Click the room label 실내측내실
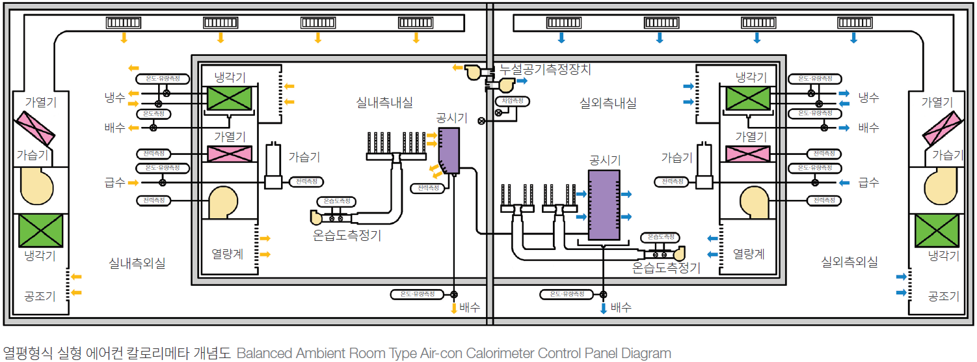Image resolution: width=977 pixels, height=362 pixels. click(384, 103)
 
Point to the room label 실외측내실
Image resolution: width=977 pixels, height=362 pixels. click(608, 103)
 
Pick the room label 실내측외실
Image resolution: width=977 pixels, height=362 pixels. click(137, 263)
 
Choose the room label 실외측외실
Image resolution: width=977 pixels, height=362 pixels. click(850, 262)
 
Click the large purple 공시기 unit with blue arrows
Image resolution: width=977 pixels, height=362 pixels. click(604, 205)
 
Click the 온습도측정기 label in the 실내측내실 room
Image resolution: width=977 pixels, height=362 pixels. click(347, 236)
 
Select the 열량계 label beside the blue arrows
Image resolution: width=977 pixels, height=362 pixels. click(749, 254)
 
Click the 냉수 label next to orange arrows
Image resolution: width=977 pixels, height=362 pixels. click(114, 98)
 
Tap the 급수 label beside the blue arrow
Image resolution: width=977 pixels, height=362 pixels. click(868, 182)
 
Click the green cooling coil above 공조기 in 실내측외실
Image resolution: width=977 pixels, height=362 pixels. click(40, 230)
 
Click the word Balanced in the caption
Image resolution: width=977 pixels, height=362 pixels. click(265, 354)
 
